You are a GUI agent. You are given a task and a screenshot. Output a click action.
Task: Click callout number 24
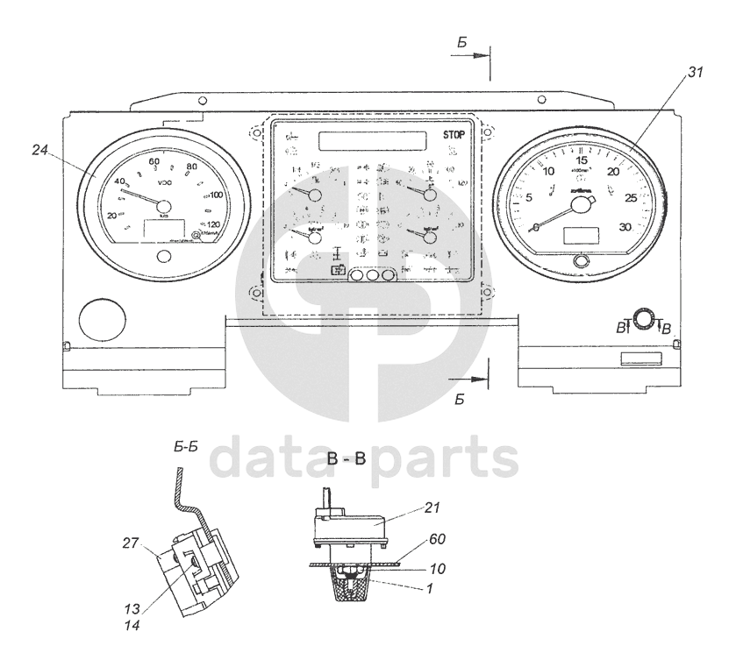tap(39, 150)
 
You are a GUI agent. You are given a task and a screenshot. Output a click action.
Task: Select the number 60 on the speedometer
tap(154, 161)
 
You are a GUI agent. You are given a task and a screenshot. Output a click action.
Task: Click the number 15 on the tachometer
tap(581, 160)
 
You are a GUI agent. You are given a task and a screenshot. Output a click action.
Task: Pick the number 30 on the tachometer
tap(625, 227)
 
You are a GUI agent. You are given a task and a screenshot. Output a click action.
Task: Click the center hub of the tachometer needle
tap(580, 205)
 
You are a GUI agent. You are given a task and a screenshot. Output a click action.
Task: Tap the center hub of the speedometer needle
tap(164, 207)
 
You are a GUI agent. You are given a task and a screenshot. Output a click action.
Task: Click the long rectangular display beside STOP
tap(373, 140)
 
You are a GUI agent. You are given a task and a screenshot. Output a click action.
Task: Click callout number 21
tap(431, 507)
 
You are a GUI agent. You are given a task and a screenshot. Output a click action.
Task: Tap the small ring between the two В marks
tap(644, 322)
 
